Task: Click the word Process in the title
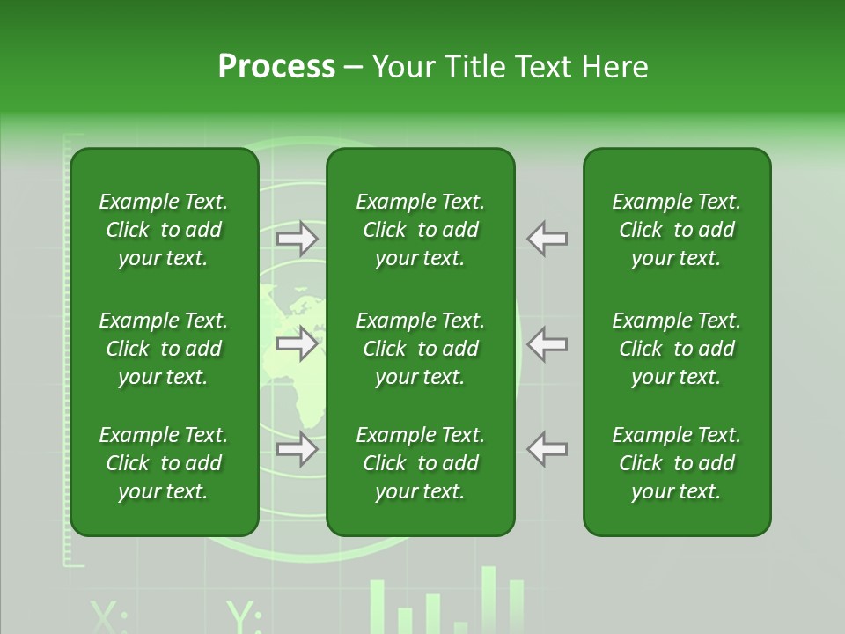coord(276,67)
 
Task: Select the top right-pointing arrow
coord(298,238)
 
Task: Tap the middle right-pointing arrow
coord(298,343)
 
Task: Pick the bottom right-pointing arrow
coord(298,449)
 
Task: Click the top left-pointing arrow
coord(547,238)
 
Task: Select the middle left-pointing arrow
coord(547,343)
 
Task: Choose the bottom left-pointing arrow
coord(547,449)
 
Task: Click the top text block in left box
coord(164,230)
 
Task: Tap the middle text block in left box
coord(164,349)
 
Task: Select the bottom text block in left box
coord(164,463)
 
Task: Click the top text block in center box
coord(420,230)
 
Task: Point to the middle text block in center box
coord(420,349)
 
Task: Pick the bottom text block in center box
coord(420,463)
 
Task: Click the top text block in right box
coord(676,230)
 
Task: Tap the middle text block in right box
coord(676,349)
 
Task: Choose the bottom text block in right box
coord(676,463)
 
